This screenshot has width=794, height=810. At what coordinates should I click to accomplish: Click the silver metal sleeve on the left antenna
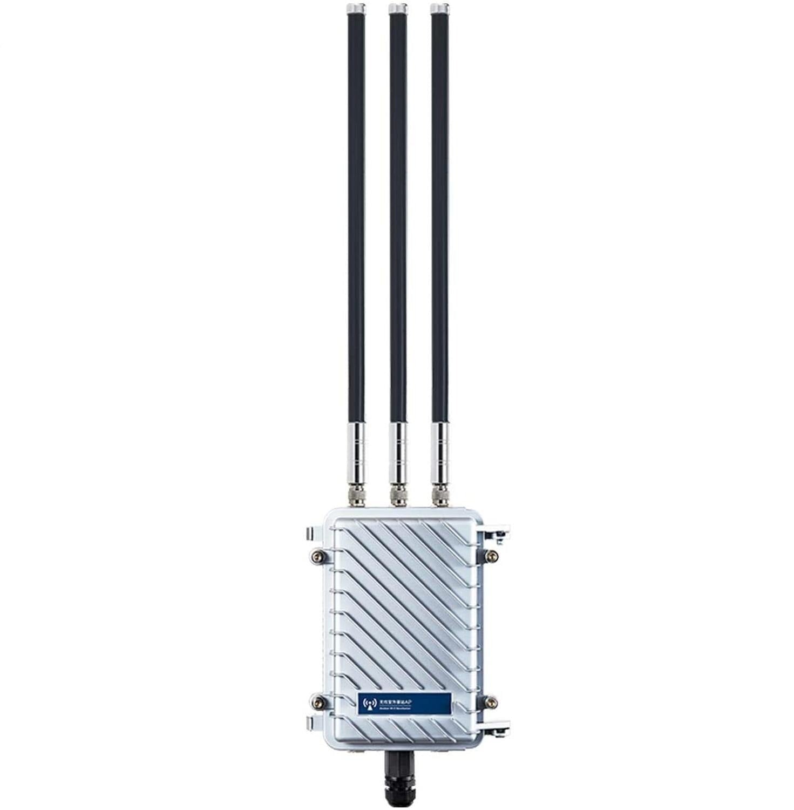[356, 451]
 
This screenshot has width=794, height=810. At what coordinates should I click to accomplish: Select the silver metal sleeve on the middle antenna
[398, 451]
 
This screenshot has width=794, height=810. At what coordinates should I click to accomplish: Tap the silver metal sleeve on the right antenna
[439, 451]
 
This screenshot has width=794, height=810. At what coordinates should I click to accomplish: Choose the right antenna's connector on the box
[439, 495]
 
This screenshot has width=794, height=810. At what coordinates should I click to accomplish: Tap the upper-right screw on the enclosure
[491, 556]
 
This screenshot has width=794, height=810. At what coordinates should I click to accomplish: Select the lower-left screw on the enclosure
[319, 702]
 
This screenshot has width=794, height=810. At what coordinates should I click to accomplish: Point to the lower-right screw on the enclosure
[491, 702]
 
